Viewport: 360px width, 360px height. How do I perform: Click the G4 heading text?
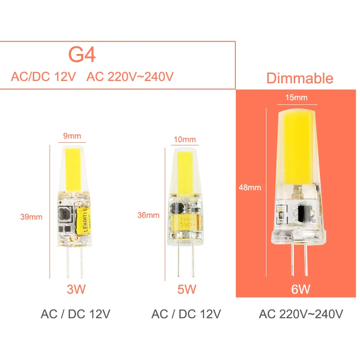coord(82,54)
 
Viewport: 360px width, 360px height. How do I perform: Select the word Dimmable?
coord(300,78)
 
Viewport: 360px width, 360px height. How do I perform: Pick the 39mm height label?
coord(31,217)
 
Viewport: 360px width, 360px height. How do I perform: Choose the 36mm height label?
coord(148,215)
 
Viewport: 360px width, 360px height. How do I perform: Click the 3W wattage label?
coord(76,289)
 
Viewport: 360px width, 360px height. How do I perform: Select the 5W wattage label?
coord(186,289)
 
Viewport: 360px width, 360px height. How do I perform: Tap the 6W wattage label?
coord(300,289)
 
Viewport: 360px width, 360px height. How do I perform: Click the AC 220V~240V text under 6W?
coord(301,314)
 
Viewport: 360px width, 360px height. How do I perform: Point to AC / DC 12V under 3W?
coord(75,314)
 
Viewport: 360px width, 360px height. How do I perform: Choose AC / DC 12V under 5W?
coord(186,314)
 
